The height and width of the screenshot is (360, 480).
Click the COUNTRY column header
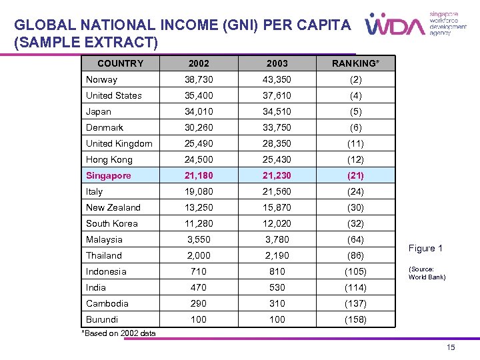(120, 63)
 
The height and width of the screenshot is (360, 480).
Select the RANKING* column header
(356, 63)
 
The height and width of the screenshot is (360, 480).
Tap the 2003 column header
(277, 63)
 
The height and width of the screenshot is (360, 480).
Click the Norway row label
(101, 79)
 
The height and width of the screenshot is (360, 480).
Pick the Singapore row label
(108, 175)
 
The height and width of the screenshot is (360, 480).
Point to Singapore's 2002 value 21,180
(199, 175)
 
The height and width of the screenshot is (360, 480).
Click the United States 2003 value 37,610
(277, 95)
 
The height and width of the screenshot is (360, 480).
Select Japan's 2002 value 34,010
(199, 111)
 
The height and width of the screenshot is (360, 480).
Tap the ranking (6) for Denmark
(356, 127)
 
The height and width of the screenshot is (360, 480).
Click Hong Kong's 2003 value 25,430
(277, 159)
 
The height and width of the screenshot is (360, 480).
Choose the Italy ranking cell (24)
(356, 191)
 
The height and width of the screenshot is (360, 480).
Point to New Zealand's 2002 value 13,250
(199, 207)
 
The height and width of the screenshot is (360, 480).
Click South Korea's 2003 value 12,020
(277, 223)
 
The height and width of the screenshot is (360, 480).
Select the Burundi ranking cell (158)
(356, 319)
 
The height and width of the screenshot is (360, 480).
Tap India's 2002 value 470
(199, 287)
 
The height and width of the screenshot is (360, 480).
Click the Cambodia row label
(107, 303)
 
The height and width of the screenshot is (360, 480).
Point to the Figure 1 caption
(425, 248)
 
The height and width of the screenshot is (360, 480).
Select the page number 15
(451, 347)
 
